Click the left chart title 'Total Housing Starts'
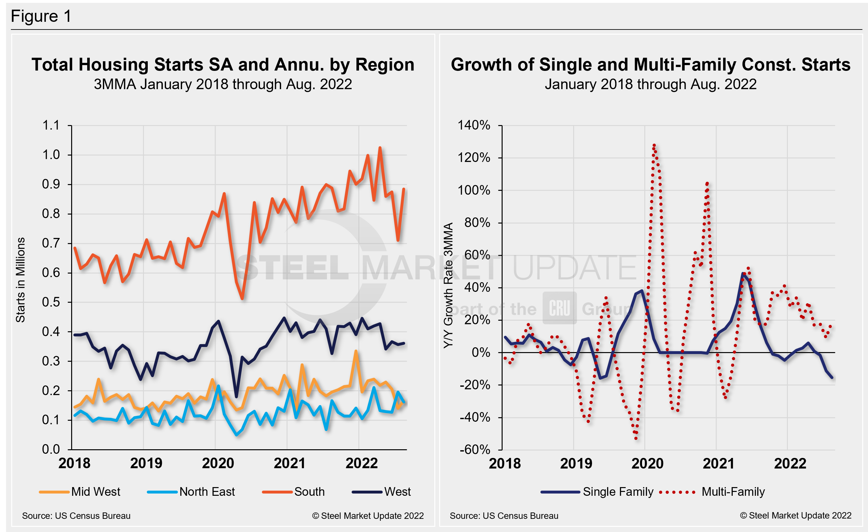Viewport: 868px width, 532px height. [223, 65]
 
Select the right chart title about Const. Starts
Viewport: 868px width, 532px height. [650, 65]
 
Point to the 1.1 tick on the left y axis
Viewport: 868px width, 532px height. [51, 125]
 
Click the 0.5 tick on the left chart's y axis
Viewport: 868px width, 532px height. [51, 302]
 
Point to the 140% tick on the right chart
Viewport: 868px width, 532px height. [473, 125]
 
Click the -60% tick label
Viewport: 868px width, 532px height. [474, 450]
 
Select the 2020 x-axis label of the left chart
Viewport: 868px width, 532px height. [218, 463]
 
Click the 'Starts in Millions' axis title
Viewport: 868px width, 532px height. [21, 280]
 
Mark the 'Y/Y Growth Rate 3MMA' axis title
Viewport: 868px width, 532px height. [448, 285]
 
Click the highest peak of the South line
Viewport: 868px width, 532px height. [380, 148]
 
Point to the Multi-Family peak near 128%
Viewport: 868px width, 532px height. [654, 145]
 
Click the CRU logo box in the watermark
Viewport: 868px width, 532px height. [559, 308]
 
